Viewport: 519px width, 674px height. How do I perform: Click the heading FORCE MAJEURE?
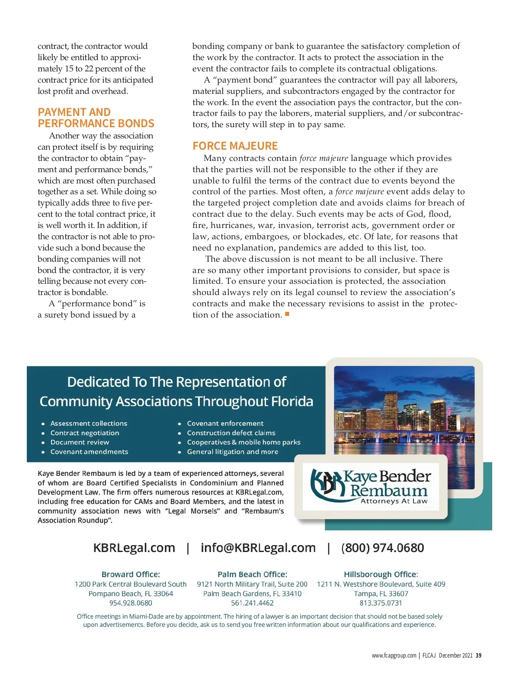point(235,146)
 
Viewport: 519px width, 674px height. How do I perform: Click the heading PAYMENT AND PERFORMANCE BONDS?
point(96,118)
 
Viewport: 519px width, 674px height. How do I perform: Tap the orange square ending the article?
point(287,315)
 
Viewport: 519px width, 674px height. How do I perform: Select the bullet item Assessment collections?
point(89,424)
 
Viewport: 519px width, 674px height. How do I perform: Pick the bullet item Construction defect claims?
point(231,433)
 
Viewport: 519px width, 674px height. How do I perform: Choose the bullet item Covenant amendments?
point(89,452)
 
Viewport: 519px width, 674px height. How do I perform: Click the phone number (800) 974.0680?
point(382,548)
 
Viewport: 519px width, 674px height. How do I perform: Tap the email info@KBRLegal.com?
point(258,548)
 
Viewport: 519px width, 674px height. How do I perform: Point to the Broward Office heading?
point(131,575)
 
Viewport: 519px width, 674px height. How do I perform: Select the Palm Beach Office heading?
point(252,575)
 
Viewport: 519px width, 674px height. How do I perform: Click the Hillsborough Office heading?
point(381,575)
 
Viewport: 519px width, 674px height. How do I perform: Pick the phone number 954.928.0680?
point(131,603)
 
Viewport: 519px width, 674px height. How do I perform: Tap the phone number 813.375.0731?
point(381,603)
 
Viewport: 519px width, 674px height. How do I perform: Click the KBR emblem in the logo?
point(327,484)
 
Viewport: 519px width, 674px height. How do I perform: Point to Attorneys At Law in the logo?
point(394,501)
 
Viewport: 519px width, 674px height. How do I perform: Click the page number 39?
point(478,655)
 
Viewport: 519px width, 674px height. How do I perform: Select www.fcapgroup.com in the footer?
point(394,655)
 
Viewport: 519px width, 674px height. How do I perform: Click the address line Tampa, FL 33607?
point(381,594)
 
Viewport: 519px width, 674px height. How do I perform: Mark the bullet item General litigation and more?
point(232,452)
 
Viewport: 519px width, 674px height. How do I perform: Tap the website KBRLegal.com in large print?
point(134,548)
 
